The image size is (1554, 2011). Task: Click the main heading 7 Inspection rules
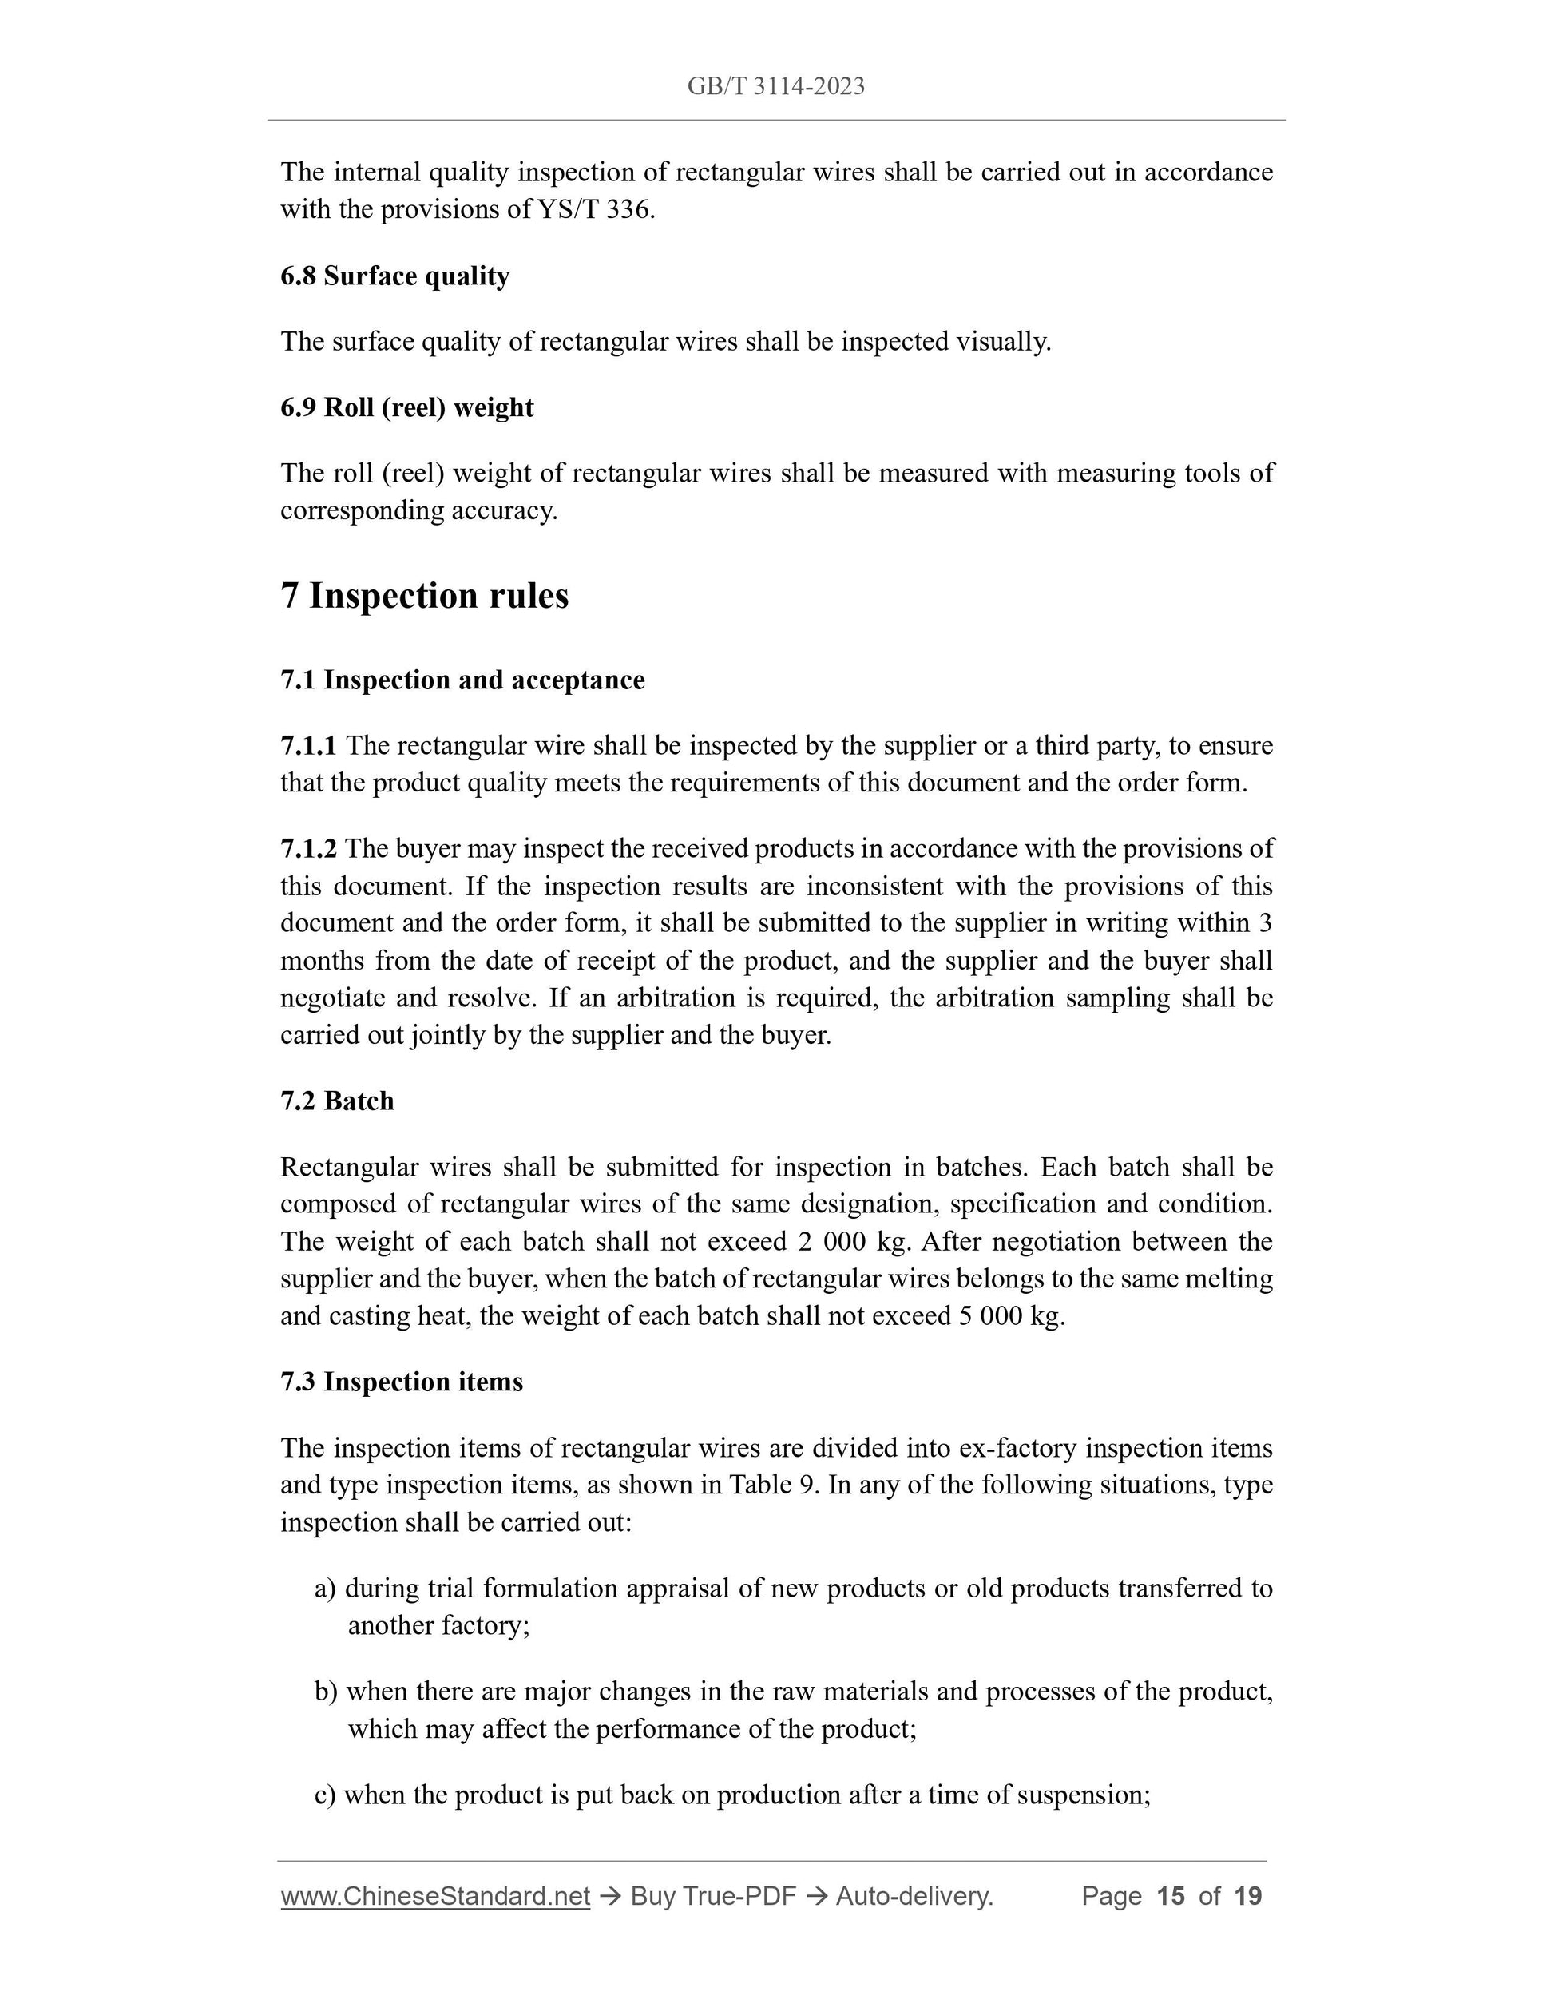tap(424, 596)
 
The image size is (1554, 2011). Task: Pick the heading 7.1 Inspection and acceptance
tap(462, 680)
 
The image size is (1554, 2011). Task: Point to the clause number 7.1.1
tap(308, 746)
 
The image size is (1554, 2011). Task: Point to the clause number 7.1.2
tap(308, 848)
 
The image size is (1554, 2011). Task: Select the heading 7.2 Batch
tap(337, 1101)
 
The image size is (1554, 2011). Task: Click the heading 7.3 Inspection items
tap(402, 1382)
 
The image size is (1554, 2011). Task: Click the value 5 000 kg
tap(1011, 1316)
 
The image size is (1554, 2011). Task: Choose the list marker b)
tap(326, 1692)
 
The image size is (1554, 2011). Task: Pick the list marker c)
tap(325, 1795)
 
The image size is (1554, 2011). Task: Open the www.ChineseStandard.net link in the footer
tap(434, 1896)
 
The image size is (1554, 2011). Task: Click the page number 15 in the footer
tap(1170, 1896)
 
